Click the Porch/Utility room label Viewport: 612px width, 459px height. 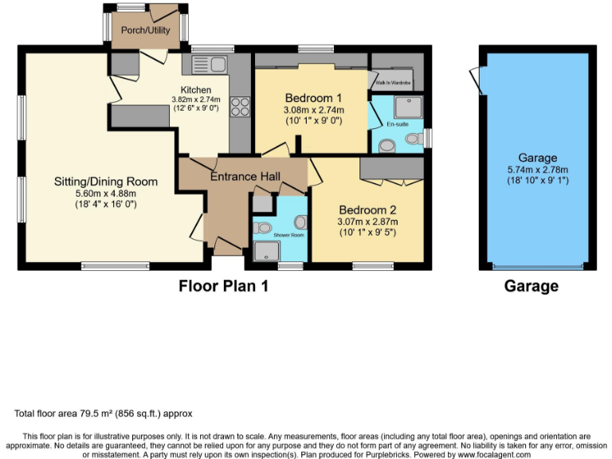143,30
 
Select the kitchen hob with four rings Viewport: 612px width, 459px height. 238,107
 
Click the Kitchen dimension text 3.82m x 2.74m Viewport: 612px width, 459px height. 195,100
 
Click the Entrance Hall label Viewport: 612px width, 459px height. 245,176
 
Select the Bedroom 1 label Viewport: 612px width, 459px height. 313,99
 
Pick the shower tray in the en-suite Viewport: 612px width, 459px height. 409,104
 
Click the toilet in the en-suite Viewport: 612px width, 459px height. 412,139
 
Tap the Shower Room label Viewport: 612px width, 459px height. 288,235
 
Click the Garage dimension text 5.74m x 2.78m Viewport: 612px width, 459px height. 536,170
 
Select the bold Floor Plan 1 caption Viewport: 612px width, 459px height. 222,286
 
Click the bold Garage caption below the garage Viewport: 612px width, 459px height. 531,286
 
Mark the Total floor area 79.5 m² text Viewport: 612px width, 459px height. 104,414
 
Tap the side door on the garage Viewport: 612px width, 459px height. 478,80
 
